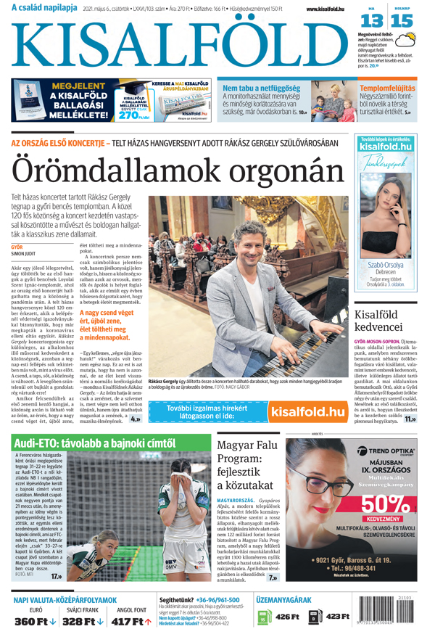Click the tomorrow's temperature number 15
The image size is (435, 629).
click(401, 21)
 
